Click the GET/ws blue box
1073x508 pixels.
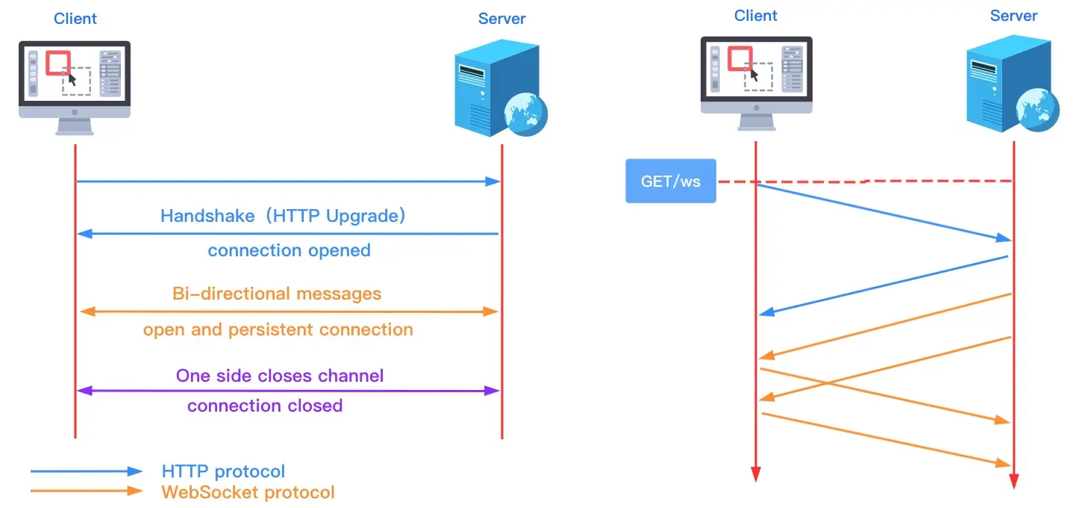[670, 181]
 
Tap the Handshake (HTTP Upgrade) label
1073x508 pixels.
[284, 217]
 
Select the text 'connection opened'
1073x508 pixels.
[289, 250]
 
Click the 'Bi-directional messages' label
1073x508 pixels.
[277, 294]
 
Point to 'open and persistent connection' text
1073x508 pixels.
[278, 329]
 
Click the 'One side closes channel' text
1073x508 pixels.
[280, 375]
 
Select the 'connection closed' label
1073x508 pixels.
[265, 406]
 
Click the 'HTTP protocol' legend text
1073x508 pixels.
[223, 471]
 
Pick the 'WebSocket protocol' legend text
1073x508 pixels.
[248, 492]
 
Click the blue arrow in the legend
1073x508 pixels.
[86, 471]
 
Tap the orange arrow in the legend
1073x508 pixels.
[86, 491]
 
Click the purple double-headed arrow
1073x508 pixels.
[288, 390]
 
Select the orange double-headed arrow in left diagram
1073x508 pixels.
[288, 311]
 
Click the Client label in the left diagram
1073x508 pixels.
[75, 18]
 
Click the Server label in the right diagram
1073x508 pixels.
[1013, 16]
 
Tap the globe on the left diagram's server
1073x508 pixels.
[525, 114]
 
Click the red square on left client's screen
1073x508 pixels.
[58, 63]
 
